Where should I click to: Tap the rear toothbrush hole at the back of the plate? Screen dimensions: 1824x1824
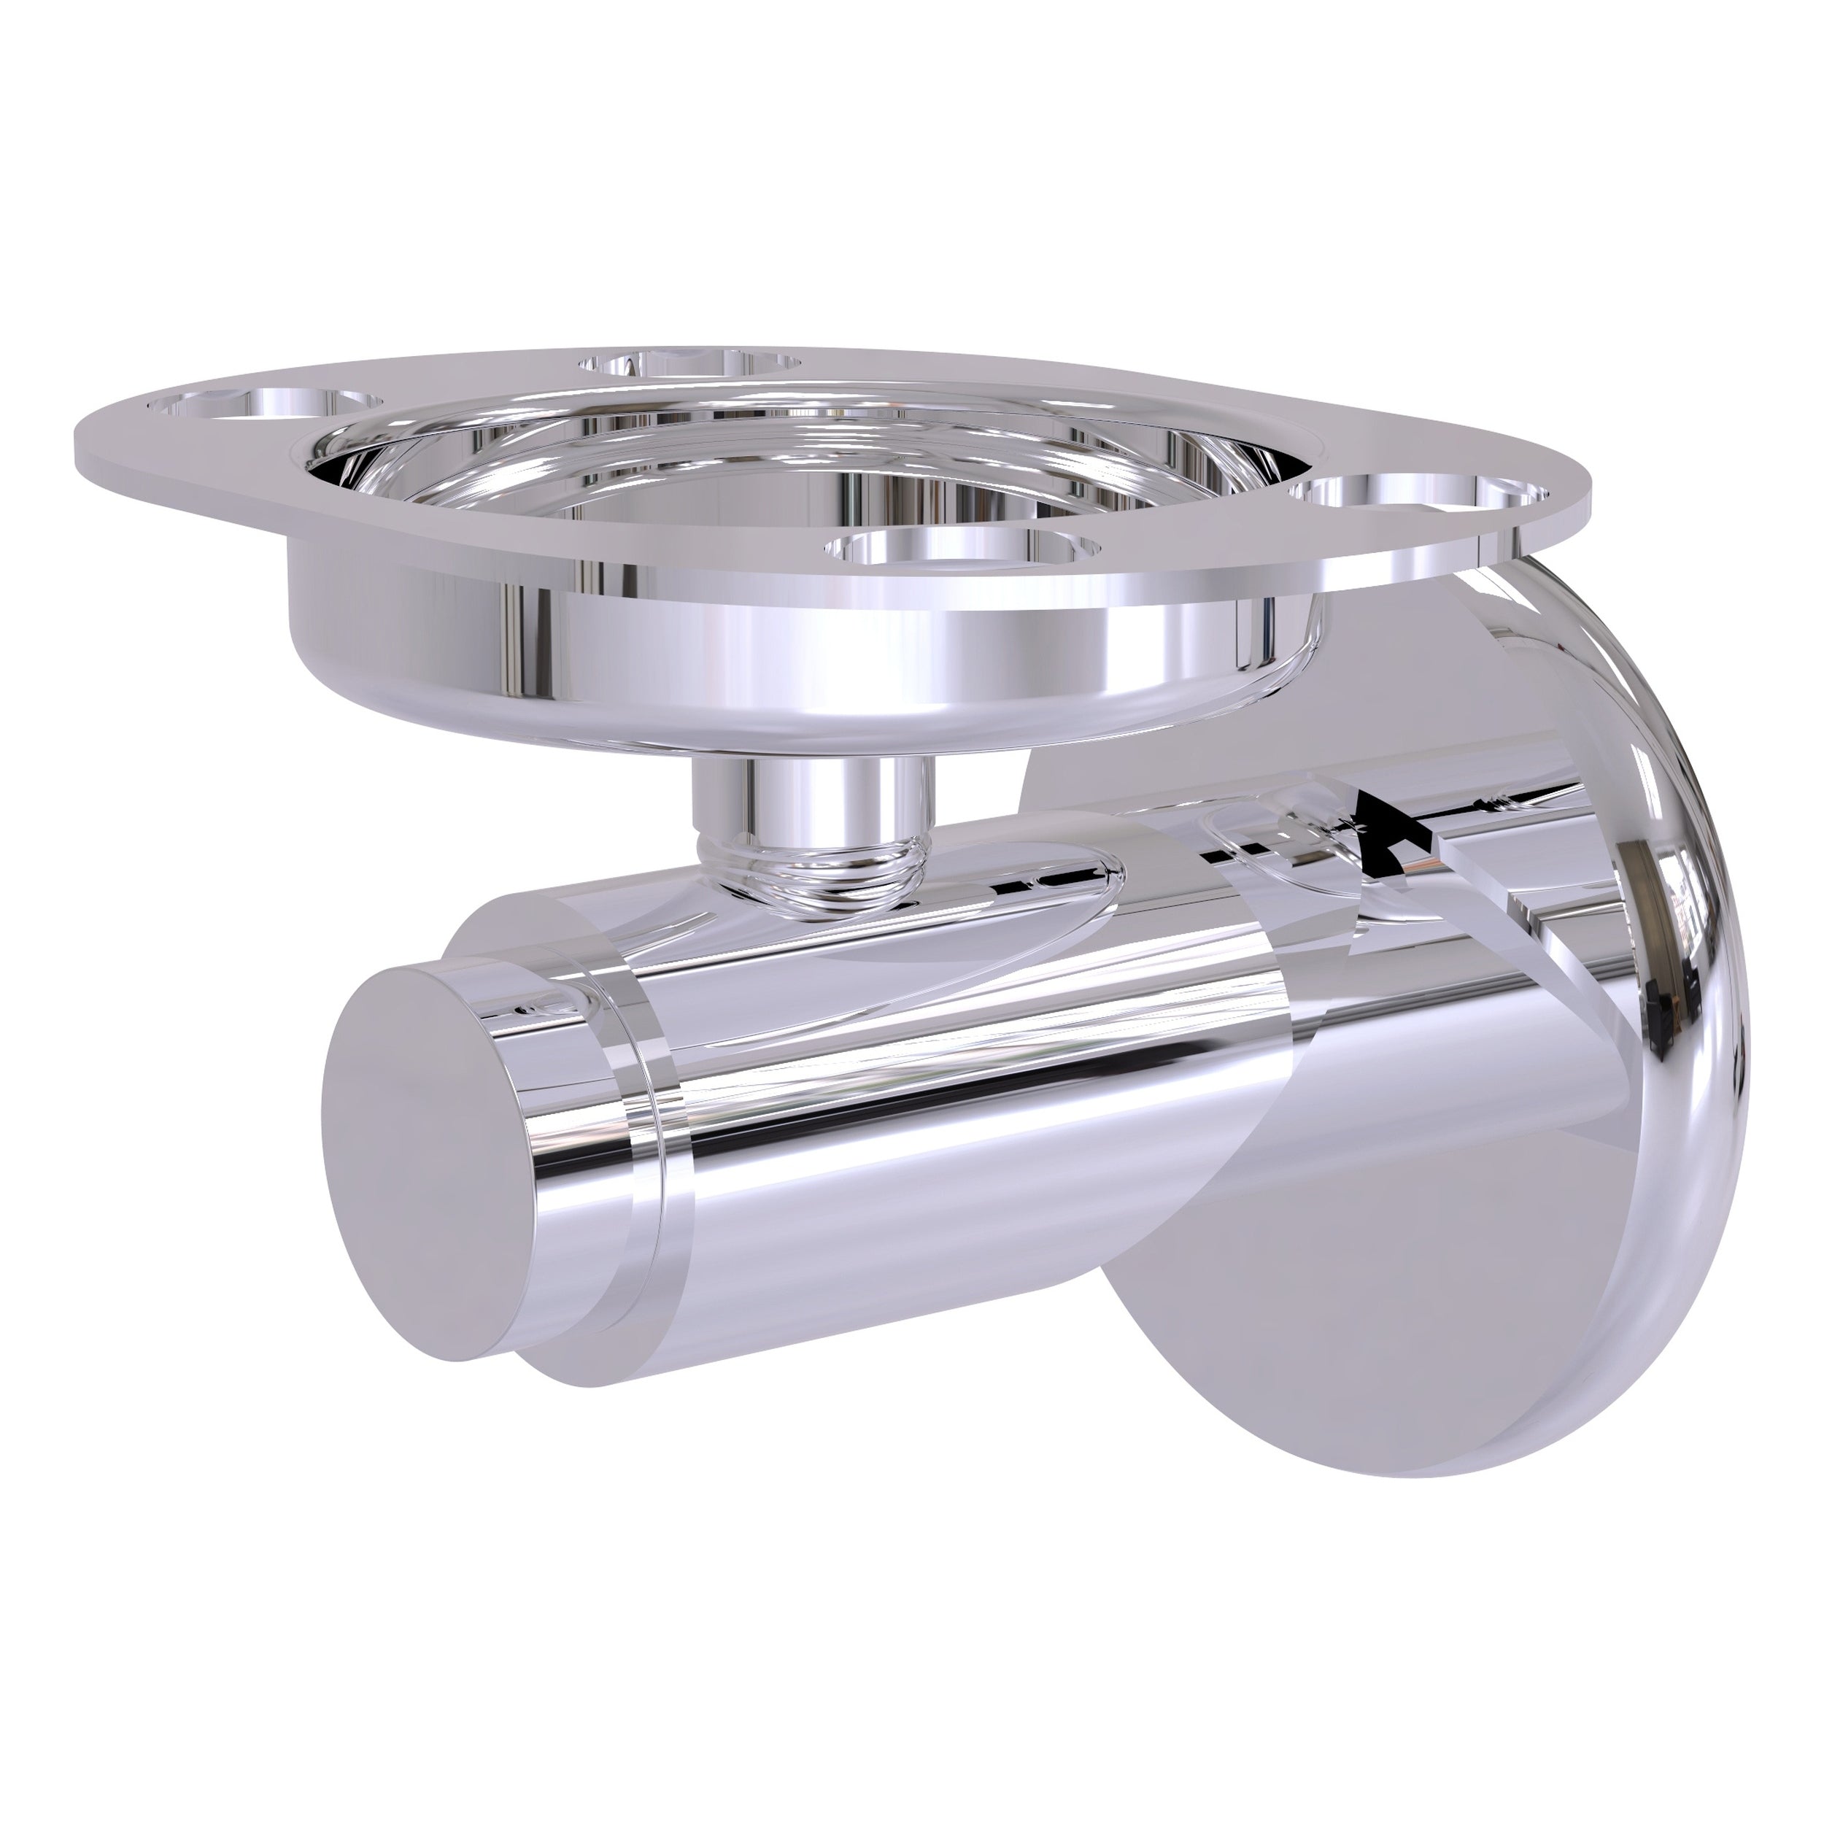point(690,363)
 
